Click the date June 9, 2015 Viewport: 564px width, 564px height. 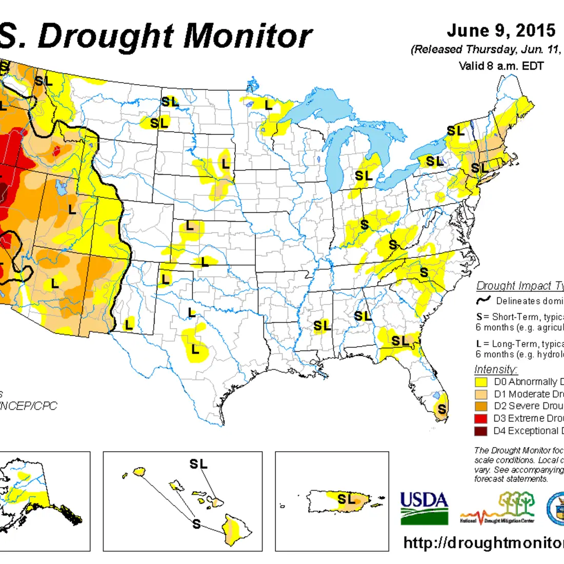501,31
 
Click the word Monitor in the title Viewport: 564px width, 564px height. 248,37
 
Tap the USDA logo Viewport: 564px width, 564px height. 424,508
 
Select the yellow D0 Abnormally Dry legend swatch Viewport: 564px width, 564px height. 481,382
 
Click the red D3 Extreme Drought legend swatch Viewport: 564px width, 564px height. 481,418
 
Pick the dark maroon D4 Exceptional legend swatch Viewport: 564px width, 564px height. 481,431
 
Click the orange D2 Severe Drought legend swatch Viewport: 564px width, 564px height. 481,406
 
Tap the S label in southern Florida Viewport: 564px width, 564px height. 441,409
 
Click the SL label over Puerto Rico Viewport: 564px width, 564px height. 346,498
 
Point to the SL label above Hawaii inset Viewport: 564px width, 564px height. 198,465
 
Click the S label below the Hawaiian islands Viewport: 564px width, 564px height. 196,524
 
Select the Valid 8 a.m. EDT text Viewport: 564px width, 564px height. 501,66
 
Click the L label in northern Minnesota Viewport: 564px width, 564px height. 268,105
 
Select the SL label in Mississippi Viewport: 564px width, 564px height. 322,326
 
